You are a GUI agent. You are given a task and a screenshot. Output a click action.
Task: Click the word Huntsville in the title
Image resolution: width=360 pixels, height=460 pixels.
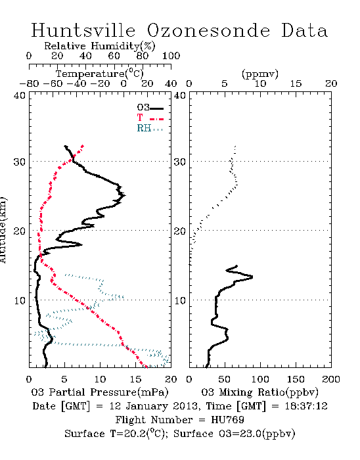pyautogui.click(x=83, y=30)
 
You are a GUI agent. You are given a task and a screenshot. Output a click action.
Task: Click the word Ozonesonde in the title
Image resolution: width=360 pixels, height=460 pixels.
pyautogui.click(x=208, y=30)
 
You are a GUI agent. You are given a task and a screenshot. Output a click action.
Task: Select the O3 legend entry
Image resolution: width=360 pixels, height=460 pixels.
pyautogui.click(x=150, y=108)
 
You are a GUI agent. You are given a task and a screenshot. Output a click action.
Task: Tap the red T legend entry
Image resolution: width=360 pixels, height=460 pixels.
pyautogui.click(x=150, y=118)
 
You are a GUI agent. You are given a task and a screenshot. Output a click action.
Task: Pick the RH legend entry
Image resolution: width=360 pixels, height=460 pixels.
pyautogui.click(x=150, y=128)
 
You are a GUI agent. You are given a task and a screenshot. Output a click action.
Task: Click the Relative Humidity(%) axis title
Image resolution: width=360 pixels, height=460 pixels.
pyautogui.click(x=100, y=46)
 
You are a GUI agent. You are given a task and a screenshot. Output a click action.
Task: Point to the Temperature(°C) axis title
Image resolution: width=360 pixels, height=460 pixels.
pyautogui.click(x=100, y=74)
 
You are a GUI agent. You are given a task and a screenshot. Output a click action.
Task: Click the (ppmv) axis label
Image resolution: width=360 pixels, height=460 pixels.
pyautogui.click(x=260, y=74)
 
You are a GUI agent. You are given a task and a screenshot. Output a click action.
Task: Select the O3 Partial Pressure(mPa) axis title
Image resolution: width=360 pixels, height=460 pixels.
pyautogui.click(x=100, y=392)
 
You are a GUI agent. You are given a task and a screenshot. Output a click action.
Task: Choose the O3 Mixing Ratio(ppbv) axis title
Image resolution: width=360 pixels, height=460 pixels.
pyautogui.click(x=259, y=392)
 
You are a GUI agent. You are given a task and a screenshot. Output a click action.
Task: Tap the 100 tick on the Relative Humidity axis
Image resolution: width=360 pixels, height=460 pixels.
pyautogui.click(x=171, y=56)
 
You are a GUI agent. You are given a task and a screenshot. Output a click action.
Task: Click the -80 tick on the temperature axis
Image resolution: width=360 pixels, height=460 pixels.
pyautogui.click(x=29, y=83)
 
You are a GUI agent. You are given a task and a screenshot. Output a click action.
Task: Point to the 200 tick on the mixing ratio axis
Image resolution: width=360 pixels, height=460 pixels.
pyautogui.click(x=331, y=379)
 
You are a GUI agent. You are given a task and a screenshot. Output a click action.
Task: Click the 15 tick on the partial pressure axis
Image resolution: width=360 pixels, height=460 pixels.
pyautogui.click(x=135, y=379)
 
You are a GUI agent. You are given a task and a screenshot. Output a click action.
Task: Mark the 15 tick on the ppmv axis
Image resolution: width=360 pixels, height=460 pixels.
pyautogui.click(x=296, y=83)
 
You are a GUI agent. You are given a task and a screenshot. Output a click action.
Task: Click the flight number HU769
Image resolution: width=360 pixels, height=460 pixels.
pyautogui.click(x=227, y=420)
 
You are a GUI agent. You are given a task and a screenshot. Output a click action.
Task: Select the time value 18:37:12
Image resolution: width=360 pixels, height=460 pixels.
pyautogui.click(x=306, y=406)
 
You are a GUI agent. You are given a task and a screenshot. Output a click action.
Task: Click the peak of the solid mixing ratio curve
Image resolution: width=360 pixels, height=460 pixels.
pyautogui.click(x=252, y=277)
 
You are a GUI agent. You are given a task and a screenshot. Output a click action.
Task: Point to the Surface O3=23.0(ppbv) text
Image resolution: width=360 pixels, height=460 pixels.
pyautogui.click(x=235, y=434)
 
